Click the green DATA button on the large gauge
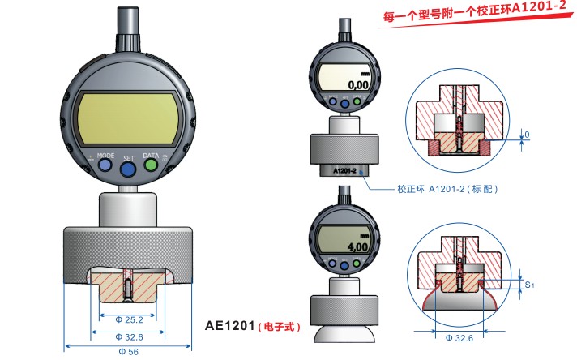click(151, 164)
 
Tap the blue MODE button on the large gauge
click(106, 164)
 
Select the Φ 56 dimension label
click(127, 350)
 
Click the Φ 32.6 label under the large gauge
click(128, 334)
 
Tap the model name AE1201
click(229, 326)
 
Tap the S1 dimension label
click(530, 285)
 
